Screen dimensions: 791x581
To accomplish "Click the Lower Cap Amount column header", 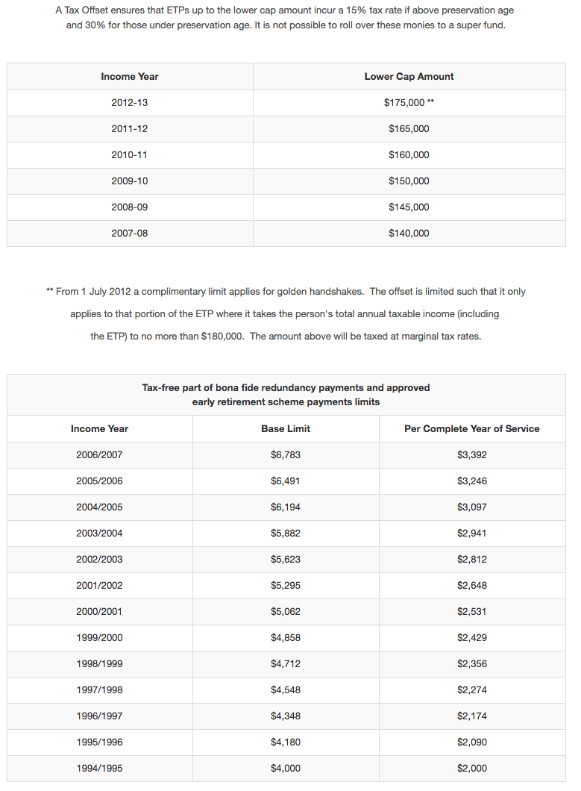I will (409, 77).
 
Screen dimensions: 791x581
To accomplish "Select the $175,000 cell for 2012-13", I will (409, 103).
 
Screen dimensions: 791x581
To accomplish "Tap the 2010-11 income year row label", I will (130, 155).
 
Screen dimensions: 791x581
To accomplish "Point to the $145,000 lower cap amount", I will (409, 207).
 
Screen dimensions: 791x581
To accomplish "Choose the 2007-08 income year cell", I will (130, 234).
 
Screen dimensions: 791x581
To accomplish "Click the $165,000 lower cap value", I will (409, 129).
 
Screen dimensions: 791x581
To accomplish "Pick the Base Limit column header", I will (286, 429).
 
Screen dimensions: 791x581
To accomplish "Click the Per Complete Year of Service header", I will (471, 429).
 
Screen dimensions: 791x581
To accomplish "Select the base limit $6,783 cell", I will (286, 455).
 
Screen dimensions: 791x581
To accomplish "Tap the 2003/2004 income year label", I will (99, 534).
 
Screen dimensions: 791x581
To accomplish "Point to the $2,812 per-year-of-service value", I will (471, 560).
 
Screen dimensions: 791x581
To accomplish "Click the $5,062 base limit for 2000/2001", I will (286, 612).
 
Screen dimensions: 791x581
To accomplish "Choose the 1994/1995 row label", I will (99, 769).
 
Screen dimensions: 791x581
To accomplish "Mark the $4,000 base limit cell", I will (286, 769).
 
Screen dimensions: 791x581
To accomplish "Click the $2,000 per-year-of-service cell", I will (471, 769).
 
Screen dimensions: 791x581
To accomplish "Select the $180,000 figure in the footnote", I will (222, 337).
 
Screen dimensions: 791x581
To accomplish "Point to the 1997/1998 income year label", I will (99, 690).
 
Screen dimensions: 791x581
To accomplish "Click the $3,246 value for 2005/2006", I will (471, 481).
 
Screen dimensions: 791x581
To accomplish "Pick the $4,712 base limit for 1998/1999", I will (286, 664).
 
